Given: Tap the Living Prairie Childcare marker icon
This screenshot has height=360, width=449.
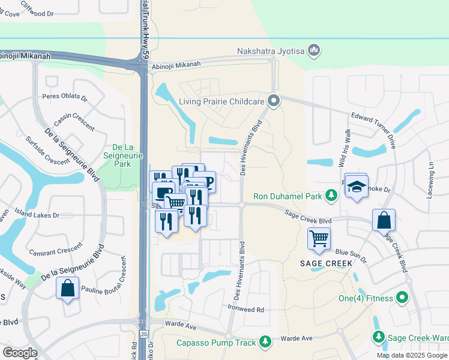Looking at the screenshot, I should [274, 101].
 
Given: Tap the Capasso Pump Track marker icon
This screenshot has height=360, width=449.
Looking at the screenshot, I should [265, 343].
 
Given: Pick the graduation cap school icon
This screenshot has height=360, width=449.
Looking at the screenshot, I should [357, 187].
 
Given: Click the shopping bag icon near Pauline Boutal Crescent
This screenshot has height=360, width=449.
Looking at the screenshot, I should [68, 287].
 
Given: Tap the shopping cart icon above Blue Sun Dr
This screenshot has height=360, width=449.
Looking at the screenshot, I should [319, 238].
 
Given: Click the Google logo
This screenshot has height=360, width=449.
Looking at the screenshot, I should [20, 353].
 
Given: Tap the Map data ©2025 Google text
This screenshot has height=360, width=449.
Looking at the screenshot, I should [411, 355].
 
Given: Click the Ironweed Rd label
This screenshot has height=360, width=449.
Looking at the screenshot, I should [247, 310].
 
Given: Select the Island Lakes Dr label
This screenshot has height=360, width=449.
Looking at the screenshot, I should [38, 215].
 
